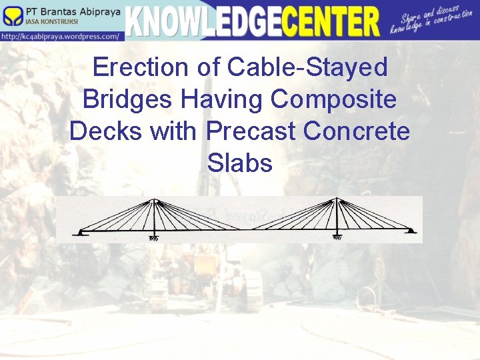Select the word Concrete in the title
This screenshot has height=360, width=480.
point(357,131)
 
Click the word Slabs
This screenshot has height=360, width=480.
point(240,163)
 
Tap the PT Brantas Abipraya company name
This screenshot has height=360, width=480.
point(73,11)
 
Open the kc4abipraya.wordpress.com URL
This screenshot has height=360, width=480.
point(61,36)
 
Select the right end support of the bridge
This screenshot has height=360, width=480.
point(411,231)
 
